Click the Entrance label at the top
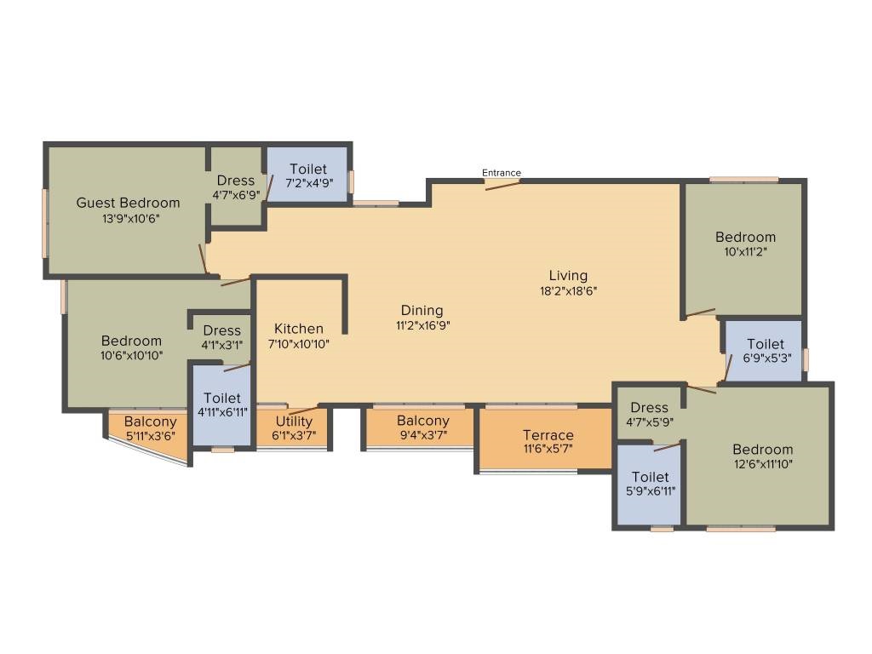click(x=501, y=173)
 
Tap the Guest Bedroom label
click(x=128, y=203)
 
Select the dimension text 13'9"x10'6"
click(x=130, y=219)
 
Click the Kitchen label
click(x=299, y=329)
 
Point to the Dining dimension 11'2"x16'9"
click(x=422, y=325)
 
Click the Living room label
click(x=568, y=276)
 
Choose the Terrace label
click(x=548, y=435)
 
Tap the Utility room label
click(x=294, y=422)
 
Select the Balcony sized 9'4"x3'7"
click(x=423, y=421)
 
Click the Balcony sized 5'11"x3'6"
click(x=150, y=422)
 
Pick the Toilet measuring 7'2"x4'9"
click(x=308, y=169)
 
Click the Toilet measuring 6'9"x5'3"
click(x=766, y=344)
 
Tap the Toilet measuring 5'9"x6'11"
click(x=650, y=477)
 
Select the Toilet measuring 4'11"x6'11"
click(x=222, y=399)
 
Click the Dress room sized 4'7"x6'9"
click(x=236, y=181)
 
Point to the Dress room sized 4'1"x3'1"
click(x=222, y=331)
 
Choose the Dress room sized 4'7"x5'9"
click(x=650, y=408)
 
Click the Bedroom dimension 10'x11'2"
click(x=745, y=252)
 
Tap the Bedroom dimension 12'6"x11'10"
click(x=763, y=464)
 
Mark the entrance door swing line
click(x=502, y=185)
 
